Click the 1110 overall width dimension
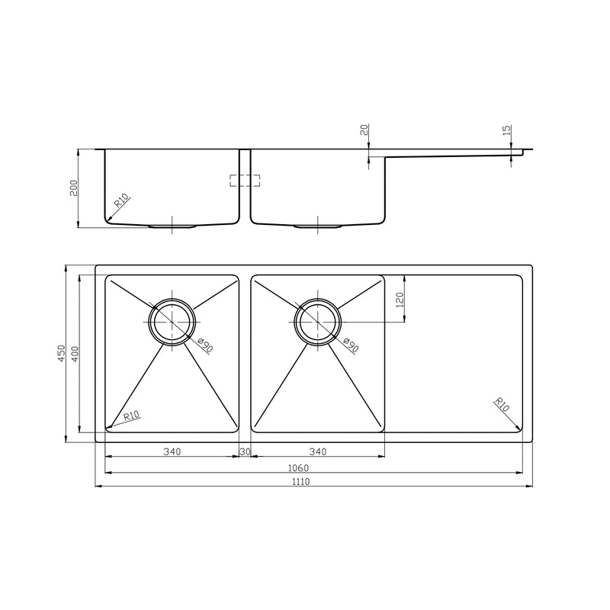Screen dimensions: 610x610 tap(313, 481)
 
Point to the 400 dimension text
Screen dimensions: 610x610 tap(75, 354)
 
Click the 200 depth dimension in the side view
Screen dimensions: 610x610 tap(74, 188)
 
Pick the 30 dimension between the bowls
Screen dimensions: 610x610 tap(245, 452)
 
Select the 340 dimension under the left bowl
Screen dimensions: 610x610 tap(172, 452)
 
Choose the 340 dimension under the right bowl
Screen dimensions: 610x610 tap(317, 452)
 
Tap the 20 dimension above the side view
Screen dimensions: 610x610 tap(364, 131)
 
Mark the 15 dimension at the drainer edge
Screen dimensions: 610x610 tap(507, 131)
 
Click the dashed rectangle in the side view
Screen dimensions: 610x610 tap(245, 180)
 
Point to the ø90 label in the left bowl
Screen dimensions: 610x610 tap(204, 345)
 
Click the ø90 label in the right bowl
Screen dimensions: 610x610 tap(350, 345)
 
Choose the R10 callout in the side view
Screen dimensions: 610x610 tap(122, 203)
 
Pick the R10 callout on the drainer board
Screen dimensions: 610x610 tap(502, 404)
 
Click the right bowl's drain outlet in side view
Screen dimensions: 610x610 tap(318, 226)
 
